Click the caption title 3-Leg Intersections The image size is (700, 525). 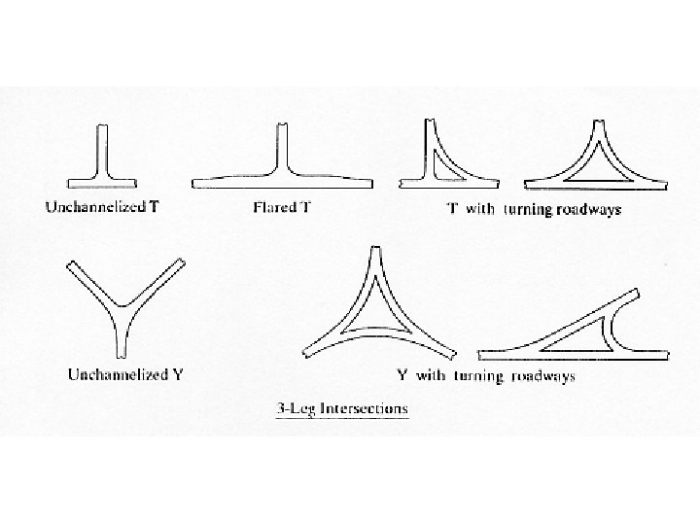point(337,408)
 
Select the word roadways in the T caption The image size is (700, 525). point(586,209)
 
